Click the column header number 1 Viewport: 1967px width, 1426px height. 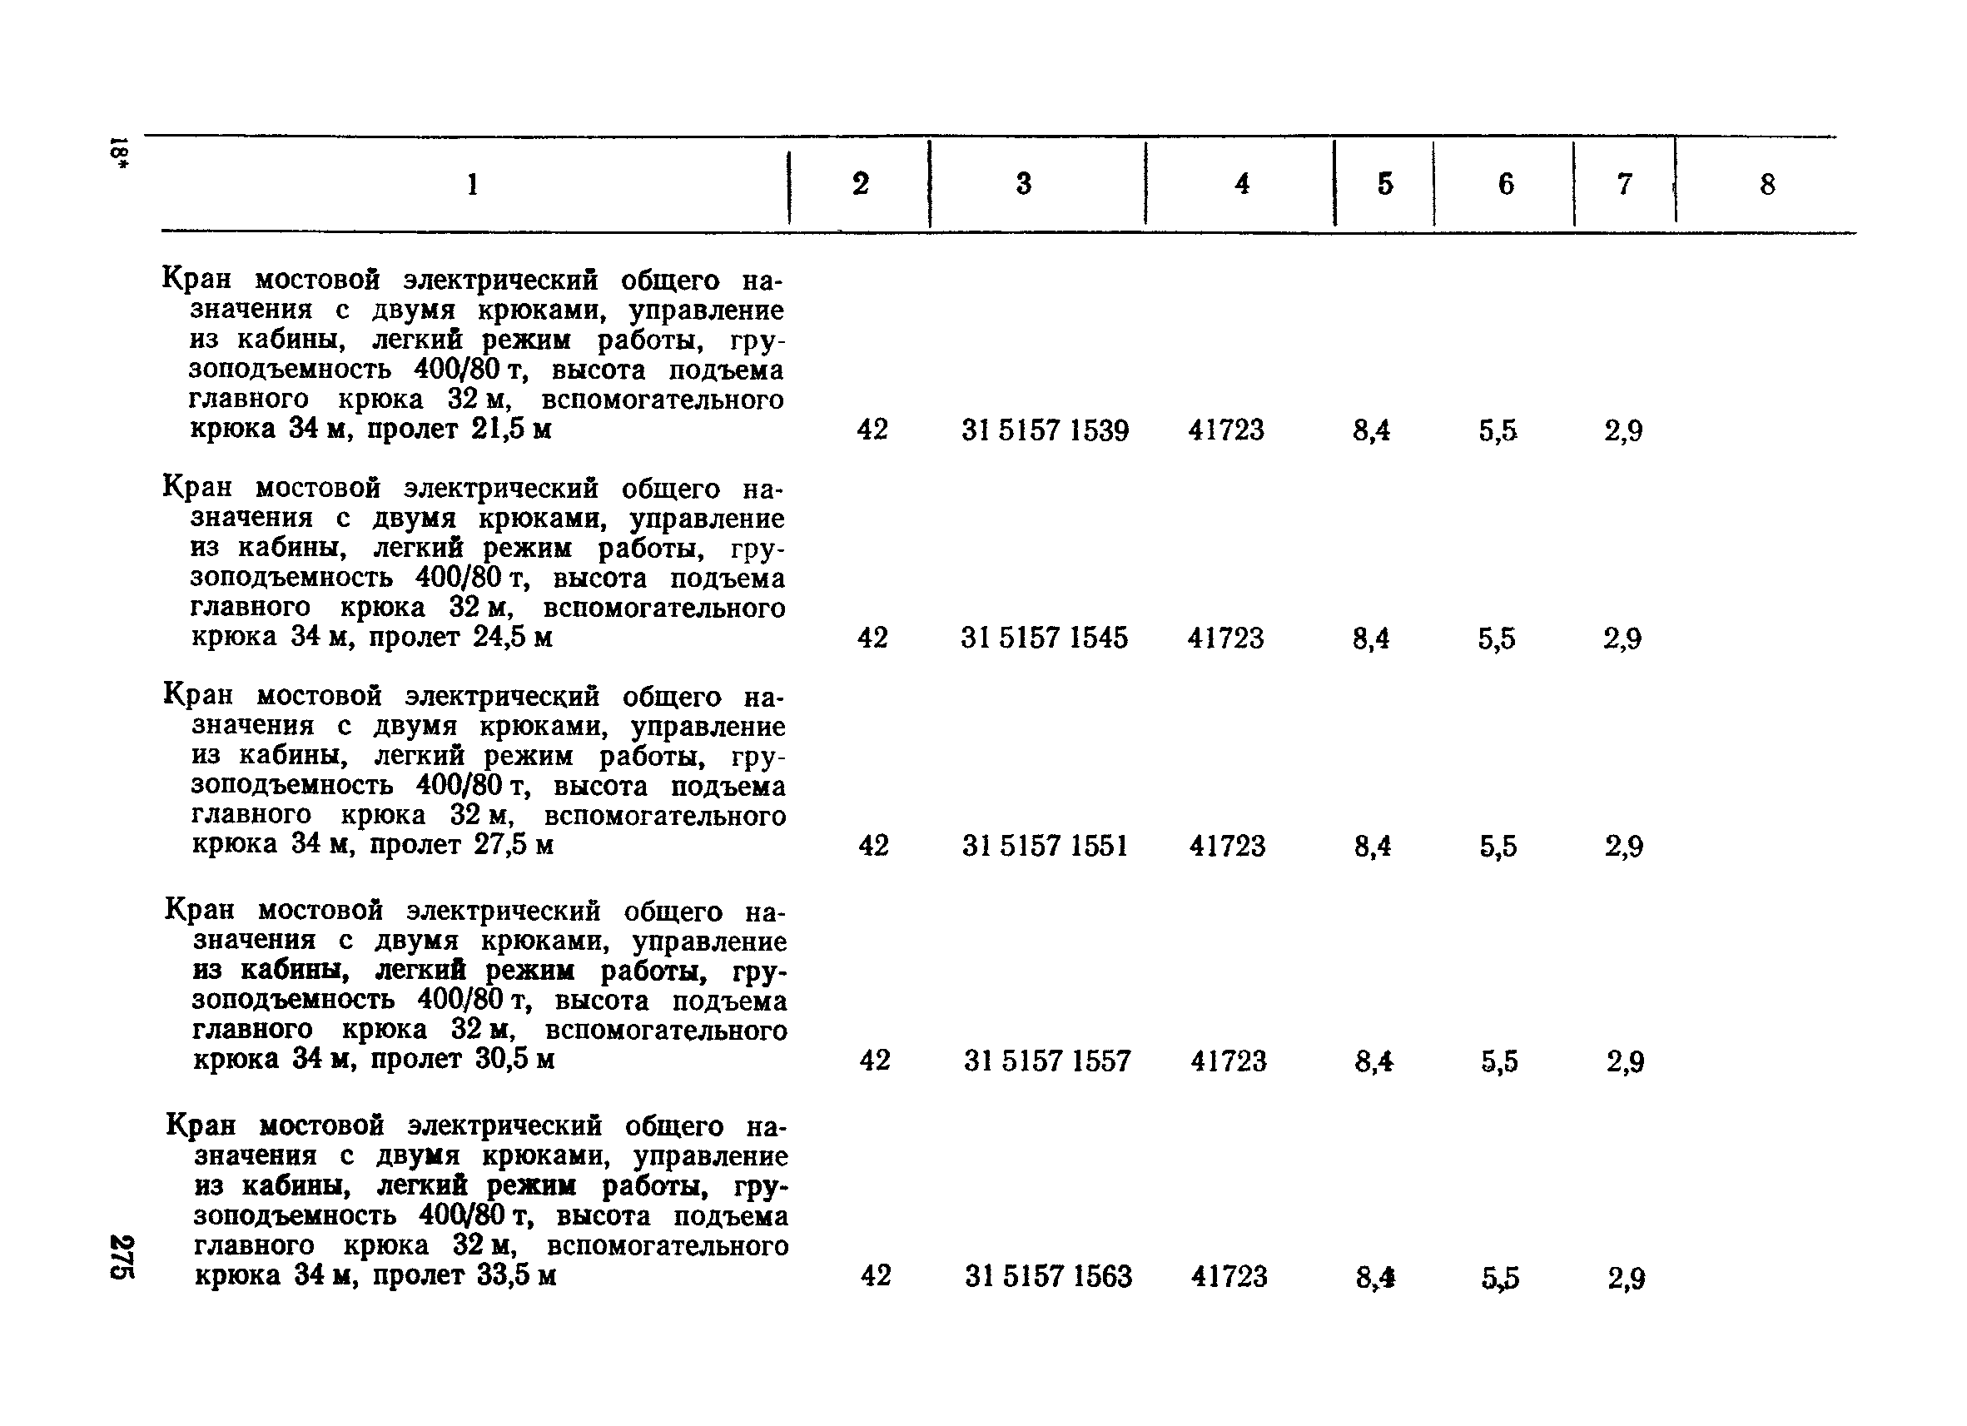point(473,185)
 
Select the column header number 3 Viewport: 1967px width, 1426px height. point(1023,184)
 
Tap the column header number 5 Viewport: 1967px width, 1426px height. point(1385,184)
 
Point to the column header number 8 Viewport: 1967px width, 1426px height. point(1766,184)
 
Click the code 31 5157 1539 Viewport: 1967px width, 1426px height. point(1045,430)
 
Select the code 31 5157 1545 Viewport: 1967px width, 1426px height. point(1044,638)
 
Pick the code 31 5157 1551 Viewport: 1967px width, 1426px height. point(1045,846)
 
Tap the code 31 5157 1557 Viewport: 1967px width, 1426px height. point(1047,1061)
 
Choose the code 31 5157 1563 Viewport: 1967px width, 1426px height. point(1048,1276)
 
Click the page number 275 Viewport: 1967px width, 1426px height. point(122,1255)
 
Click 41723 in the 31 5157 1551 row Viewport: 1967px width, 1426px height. point(1227,846)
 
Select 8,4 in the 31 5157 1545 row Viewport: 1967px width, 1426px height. point(1371,639)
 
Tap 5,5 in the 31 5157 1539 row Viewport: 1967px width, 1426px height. point(1498,431)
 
